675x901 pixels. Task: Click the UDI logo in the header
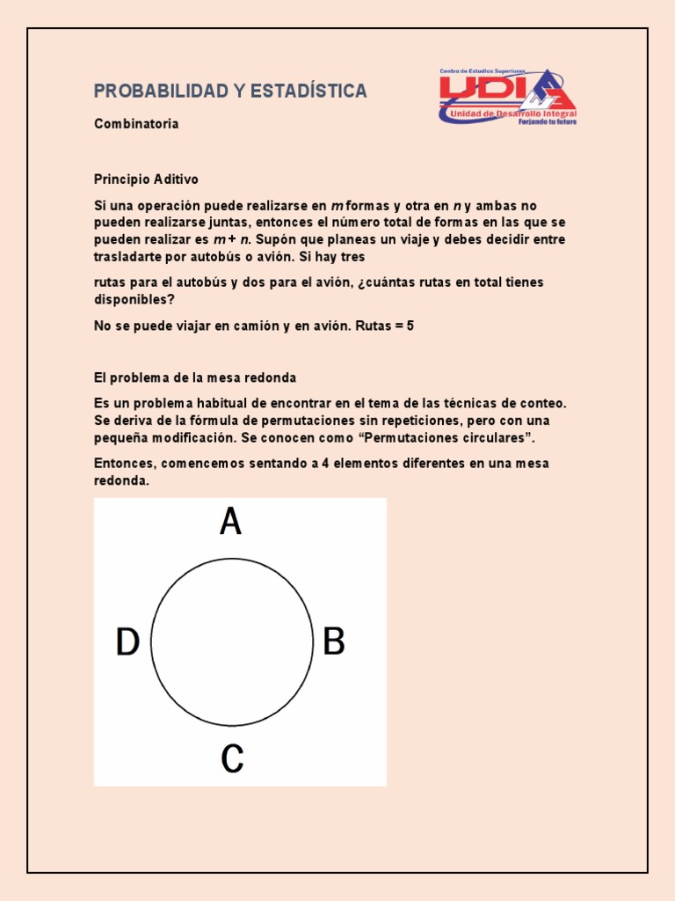pyautogui.click(x=508, y=95)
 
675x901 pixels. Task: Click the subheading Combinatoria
pyautogui.click(x=136, y=124)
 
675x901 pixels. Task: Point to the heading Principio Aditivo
pyautogui.click(x=147, y=179)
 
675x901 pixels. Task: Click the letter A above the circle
pyautogui.click(x=230, y=523)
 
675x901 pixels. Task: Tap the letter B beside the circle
pyautogui.click(x=334, y=641)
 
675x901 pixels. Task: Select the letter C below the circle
pyautogui.click(x=232, y=758)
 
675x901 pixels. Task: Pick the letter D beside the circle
pyautogui.click(x=128, y=642)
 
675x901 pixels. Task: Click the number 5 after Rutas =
pyautogui.click(x=410, y=326)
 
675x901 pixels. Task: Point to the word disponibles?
pyautogui.click(x=134, y=298)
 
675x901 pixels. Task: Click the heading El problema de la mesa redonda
pyautogui.click(x=195, y=377)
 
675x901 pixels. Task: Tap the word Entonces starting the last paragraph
pyautogui.click(x=124, y=464)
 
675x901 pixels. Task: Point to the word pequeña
pyautogui.click(x=123, y=437)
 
